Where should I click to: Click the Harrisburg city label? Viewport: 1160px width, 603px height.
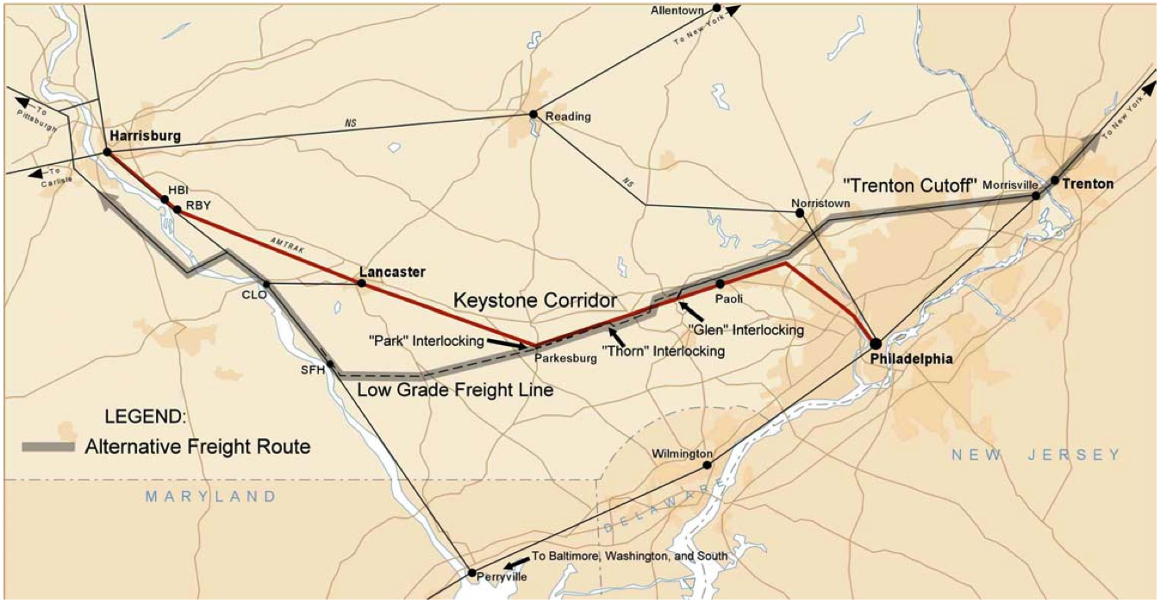[145, 136]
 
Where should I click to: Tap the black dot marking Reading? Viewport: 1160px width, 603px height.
[533, 114]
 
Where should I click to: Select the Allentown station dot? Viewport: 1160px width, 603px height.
[716, 8]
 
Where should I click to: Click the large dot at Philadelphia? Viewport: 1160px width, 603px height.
[876, 343]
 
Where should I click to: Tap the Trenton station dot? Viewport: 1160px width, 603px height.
[1054, 180]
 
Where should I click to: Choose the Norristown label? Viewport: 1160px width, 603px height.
[820, 203]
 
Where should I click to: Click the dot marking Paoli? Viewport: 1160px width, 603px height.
[720, 283]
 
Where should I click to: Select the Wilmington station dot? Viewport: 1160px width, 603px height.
[707, 465]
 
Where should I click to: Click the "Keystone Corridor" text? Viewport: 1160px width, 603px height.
[536, 300]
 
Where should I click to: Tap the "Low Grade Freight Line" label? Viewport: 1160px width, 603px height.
[455, 391]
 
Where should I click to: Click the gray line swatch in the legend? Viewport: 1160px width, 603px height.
[49, 447]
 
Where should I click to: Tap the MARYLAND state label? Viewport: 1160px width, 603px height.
[211, 496]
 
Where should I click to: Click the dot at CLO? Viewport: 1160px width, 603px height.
[267, 284]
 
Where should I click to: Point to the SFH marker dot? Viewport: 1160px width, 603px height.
[329, 363]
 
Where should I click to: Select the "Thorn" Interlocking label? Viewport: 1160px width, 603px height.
[664, 351]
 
